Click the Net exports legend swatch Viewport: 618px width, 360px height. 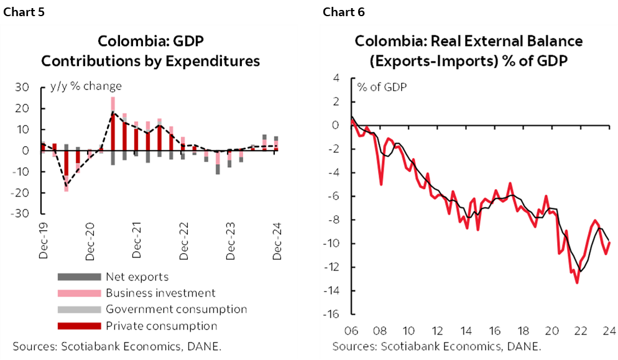[78, 277]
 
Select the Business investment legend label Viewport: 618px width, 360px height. [160, 293]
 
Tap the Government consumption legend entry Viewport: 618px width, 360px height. [176, 309]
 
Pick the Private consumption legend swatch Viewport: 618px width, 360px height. [78, 326]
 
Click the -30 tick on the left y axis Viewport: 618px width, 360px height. [21, 213]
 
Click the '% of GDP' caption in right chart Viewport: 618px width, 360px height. [382, 86]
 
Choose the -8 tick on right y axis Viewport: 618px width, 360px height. [338, 219]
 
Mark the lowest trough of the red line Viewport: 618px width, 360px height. [577, 282]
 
